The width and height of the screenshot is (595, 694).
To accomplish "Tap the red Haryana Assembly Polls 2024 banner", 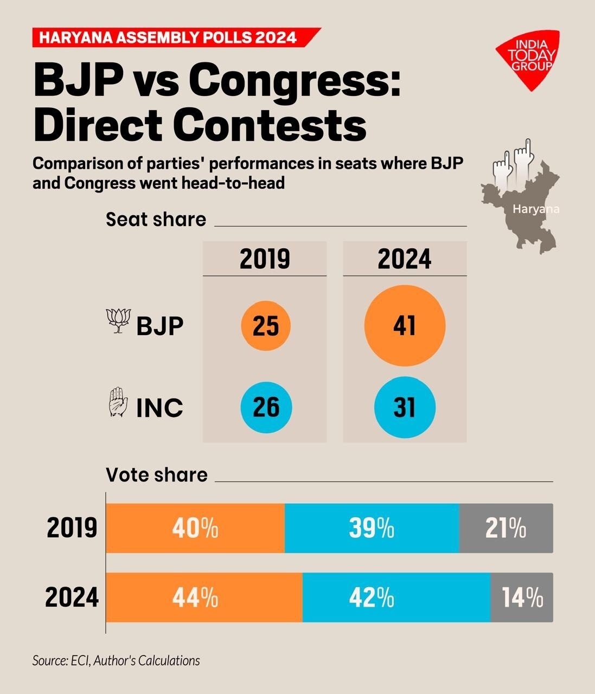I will pyautogui.click(x=174, y=37).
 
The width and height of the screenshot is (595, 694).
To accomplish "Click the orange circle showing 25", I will pyautogui.click(x=266, y=326).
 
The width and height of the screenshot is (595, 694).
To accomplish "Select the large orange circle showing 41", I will pyautogui.click(x=405, y=326).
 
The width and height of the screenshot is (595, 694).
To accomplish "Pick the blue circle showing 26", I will pyautogui.click(x=266, y=407).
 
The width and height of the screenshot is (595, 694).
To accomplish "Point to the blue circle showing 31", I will pyautogui.click(x=405, y=407).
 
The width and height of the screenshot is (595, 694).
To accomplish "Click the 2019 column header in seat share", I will pyautogui.click(x=265, y=259).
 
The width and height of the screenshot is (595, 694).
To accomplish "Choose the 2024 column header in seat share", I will pyautogui.click(x=405, y=259).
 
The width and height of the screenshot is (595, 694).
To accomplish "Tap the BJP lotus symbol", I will pyautogui.click(x=119, y=320).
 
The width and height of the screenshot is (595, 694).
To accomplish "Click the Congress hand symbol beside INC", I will pyautogui.click(x=119, y=402).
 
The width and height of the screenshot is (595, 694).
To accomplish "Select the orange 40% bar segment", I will pyautogui.click(x=195, y=528).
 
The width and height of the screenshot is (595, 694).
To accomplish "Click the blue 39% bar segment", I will pyautogui.click(x=372, y=528).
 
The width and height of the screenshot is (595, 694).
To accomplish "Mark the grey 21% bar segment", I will pyautogui.click(x=506, y=528).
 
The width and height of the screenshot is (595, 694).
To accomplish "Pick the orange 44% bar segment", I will pyautogui.click(x=204, y=597).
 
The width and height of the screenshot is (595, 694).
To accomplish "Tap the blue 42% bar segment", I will pyautogui.click(x=396, y=597).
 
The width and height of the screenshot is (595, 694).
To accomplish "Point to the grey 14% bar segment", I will pyautogui.click(x=522, y=597).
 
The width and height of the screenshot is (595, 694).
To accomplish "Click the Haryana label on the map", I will pyautogui.click(x=536, y=209).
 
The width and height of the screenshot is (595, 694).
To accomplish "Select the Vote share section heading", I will pyautogui.click(x=157, y=474).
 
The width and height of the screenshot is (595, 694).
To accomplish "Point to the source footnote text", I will pyautogui.click(x=116, y=660).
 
